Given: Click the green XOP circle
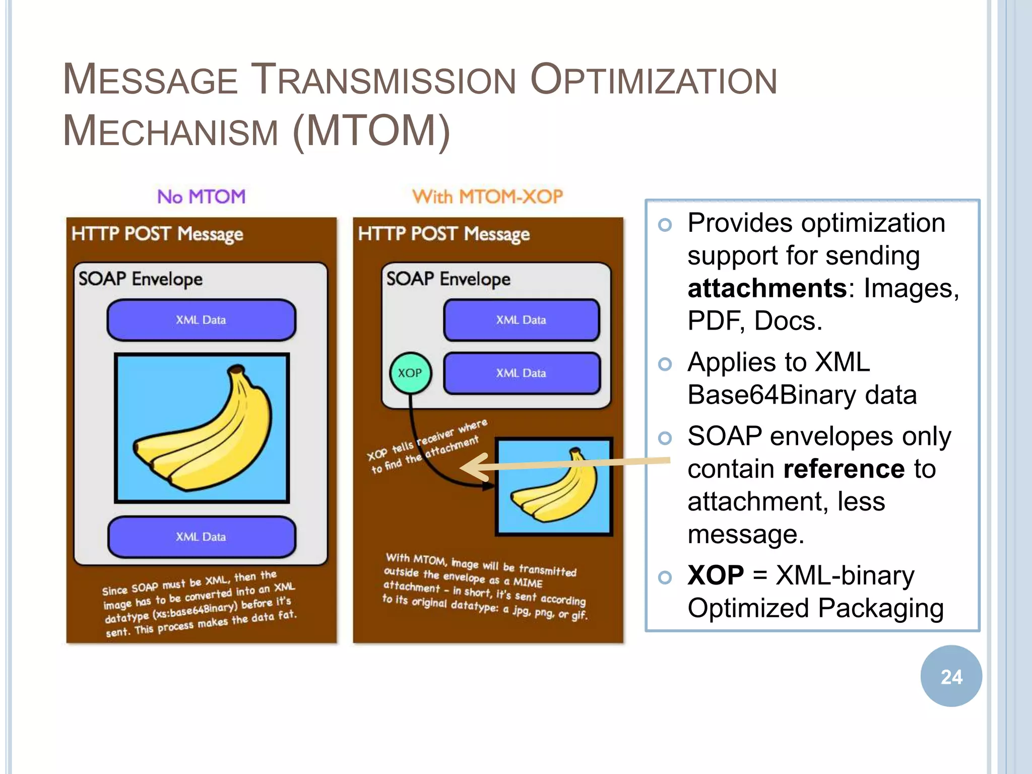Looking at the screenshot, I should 411,373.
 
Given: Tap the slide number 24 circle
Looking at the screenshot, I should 951,676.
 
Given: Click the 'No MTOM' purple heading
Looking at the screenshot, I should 202,197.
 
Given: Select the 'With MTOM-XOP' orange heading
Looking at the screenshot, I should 487,197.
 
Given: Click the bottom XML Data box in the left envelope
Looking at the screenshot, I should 202,537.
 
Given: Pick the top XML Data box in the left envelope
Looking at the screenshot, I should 202,320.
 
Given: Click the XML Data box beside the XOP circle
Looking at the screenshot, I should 522,373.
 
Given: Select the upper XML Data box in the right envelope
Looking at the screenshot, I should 522,320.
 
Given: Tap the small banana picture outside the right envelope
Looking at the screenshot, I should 554,486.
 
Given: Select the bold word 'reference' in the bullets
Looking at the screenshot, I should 844,469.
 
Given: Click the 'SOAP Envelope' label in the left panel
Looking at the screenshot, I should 141,279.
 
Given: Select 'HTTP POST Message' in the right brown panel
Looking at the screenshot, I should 443,234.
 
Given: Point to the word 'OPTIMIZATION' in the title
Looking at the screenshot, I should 654,81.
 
